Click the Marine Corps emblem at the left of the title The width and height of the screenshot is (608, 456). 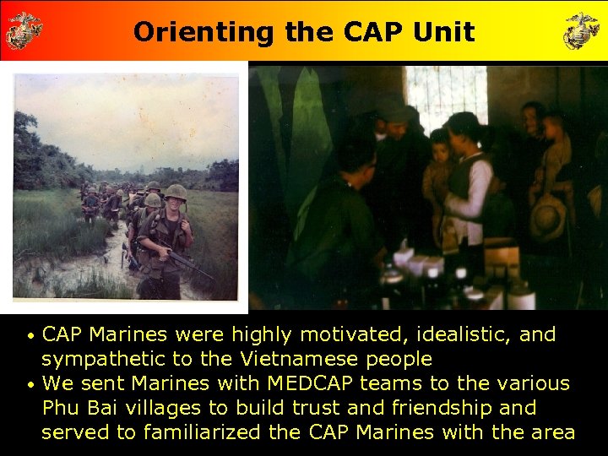click(24, 30)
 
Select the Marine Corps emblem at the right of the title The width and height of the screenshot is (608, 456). click(583, 30)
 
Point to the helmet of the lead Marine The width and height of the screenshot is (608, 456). click(176, 193)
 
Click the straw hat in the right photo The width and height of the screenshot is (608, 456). click(547, 218)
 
